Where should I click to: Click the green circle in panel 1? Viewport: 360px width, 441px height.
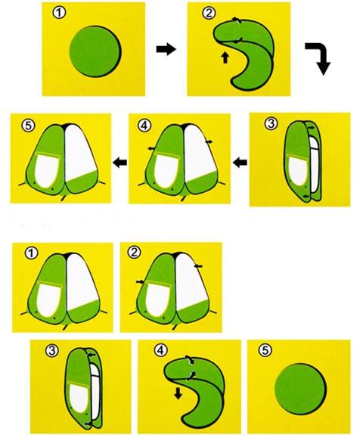[x=95, y=51]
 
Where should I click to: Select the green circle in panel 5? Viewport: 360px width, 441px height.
[x=300, y=389]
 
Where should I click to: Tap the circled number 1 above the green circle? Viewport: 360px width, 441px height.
[x=59, y=14]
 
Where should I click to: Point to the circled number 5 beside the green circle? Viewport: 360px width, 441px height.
[x=265, y=350]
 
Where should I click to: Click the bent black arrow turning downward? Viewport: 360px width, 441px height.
[x=321, y=56]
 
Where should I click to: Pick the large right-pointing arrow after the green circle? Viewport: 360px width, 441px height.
[x=166, y=49]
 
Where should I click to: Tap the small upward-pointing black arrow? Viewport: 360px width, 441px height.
[x=225, y=57]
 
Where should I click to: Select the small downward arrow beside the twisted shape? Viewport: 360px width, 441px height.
[x=178, y=393]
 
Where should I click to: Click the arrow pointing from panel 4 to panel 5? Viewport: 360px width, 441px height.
[x=119, y=163]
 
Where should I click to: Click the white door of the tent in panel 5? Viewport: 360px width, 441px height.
[x=47, y=172]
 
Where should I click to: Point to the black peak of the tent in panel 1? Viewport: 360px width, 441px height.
[x=67, y=256]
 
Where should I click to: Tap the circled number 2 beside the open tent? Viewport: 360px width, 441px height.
[x=134, y=253]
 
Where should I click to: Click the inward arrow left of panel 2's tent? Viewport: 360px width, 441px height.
[x=140, y=281]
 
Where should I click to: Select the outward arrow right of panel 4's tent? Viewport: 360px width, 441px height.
[x=209, y=141]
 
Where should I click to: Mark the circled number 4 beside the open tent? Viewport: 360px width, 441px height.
[x=144, y=126]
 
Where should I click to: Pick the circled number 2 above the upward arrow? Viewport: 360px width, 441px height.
[x=209, y=14]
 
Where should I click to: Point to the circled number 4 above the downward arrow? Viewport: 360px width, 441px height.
[x=160, y=350]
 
